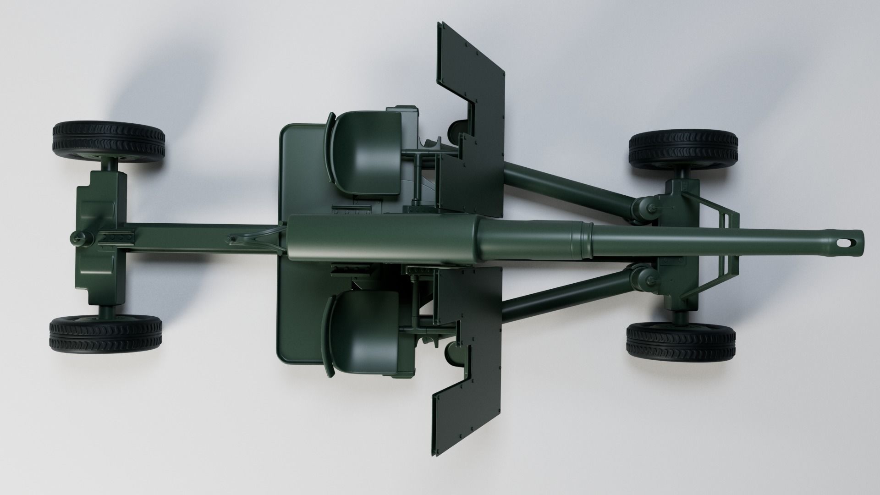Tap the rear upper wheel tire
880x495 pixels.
point(109,140)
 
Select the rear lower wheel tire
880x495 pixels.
point(106,333)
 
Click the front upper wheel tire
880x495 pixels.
point(683,150)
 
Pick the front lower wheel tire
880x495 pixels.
point(681,342)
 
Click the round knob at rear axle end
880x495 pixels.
point(77,238)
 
